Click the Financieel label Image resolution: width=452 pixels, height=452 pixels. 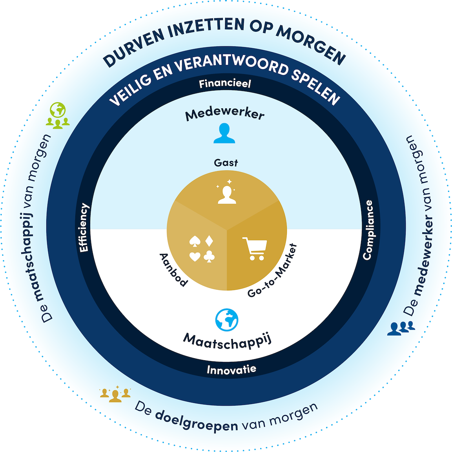pyautogui.click(x=224, y=83)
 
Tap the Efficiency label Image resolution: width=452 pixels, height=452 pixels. pyautogui.click(x=84, y=228)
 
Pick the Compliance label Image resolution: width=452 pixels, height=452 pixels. pyautogui.click(x=368, y=230)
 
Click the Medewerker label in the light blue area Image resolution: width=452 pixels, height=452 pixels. pyautogui.click(x=225, y=114)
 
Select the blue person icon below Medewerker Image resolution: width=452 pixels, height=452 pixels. pyautogui.click(x=224, y=133)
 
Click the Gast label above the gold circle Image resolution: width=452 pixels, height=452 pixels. pyautogui.click(x=226, y=162)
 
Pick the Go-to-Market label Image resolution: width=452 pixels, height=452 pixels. pyautogui.click(x=273, y=271)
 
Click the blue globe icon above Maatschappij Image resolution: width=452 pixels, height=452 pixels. pyautogui.click(x=227, y=319)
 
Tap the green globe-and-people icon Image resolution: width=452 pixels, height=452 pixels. pyautogui.click(x=58, y=115)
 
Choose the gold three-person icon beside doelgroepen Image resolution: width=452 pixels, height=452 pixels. pyautogui.click(x=115, y=394)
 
